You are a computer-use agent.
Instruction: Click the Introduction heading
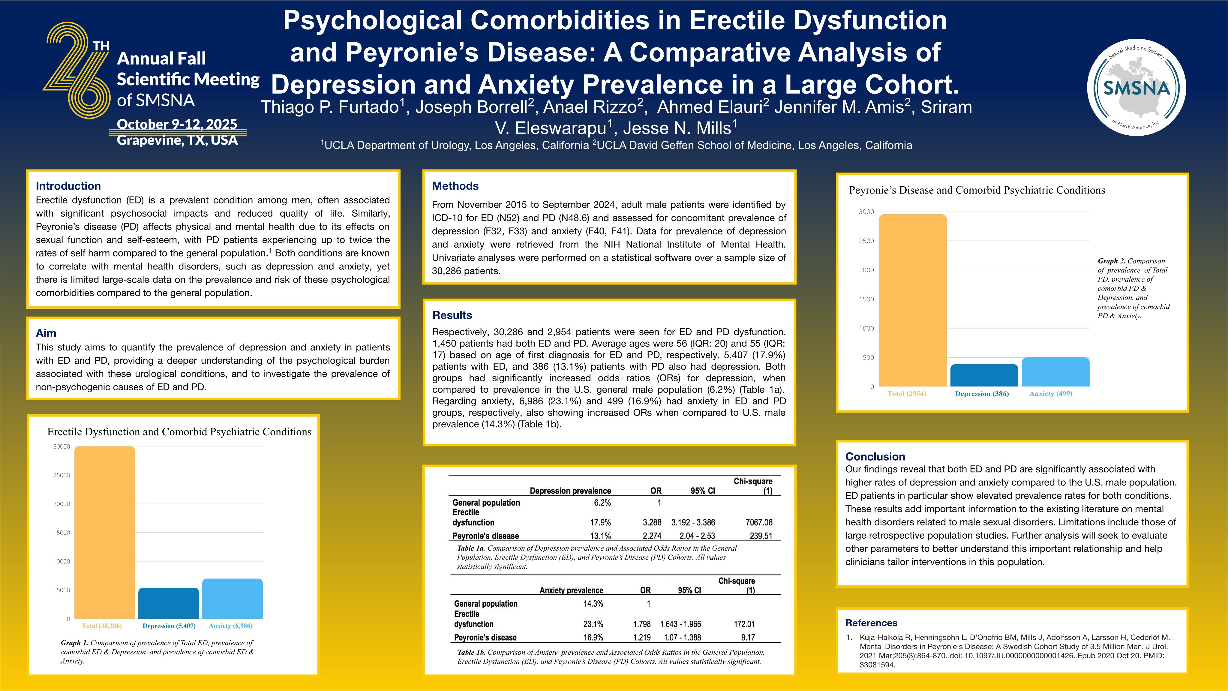[68, 186]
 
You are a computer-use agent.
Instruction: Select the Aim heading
[46, 333]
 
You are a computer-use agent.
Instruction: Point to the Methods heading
[455, 186]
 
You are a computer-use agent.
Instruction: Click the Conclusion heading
[875, 456]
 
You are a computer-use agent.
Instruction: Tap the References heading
[871, 623]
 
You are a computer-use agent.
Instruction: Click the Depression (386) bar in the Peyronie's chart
[984, 375]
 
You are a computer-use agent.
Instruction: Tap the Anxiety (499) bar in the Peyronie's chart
[1055, 372]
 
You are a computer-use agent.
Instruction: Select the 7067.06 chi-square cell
[759, 523]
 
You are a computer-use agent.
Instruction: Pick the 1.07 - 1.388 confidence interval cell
[682, 638]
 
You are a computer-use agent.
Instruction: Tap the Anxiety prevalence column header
[571, 590]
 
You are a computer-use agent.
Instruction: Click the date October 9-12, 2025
[177, 124]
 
